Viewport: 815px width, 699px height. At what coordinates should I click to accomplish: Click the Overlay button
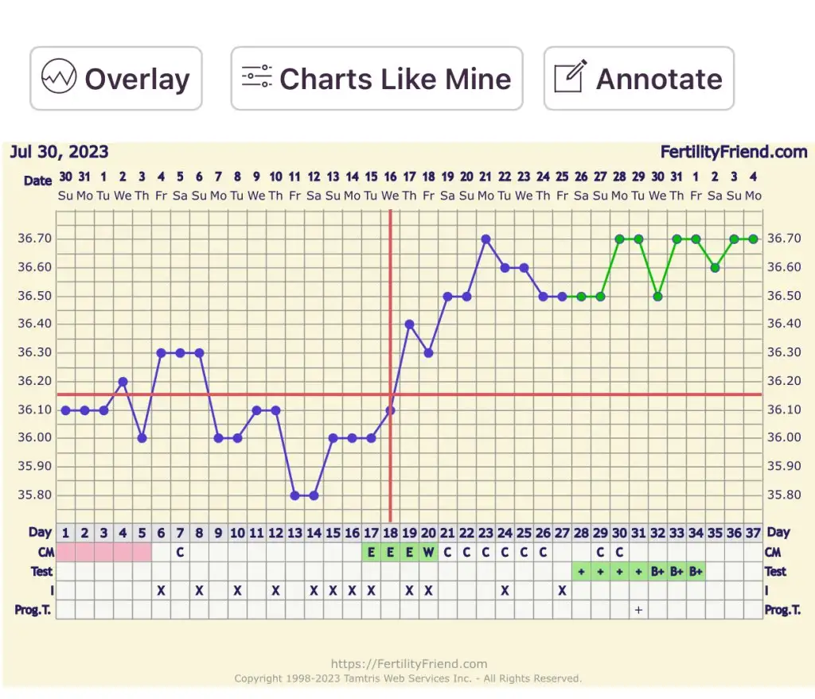(x=116, y=79)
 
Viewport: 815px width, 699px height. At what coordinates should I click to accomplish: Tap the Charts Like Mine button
(x=376, y=79)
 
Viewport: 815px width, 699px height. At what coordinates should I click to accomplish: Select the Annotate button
(x=638, y=79)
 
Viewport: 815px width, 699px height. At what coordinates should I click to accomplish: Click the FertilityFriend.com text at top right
(x=733, y=152)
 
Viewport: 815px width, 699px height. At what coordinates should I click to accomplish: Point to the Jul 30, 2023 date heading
(x=59, y=152)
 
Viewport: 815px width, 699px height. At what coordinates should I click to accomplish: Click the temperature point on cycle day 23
(x=485, y=239)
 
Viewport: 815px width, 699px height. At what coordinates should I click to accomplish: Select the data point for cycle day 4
(x=123, y=382)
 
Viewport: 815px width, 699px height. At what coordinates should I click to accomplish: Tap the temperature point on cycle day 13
(x=294, y=495)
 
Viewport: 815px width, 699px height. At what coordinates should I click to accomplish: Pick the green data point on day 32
(x=657, y=296)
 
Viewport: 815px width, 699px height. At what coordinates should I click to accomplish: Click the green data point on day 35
(x=715, y=267)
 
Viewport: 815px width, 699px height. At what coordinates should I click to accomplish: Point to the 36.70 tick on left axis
(x=33, y=239)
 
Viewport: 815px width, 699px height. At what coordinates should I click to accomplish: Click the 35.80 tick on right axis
(x=783, y=495)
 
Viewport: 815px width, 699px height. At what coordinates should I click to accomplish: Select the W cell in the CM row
(x=428, y=552)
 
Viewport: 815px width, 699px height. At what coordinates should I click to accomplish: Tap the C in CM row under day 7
(x=180, y=552)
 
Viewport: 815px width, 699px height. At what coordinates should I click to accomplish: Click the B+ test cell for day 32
(x=657, y=571)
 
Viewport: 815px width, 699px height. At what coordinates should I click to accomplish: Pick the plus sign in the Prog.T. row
(x=638, y=609)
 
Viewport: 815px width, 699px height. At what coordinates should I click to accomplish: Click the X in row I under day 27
(x=562, y=590)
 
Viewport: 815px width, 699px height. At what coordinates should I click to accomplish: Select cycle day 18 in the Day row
(x=390, y=533)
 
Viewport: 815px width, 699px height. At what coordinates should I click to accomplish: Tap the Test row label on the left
(x=41, y=571)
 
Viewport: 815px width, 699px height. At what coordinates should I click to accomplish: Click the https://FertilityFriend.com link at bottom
(x=408, y=664)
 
